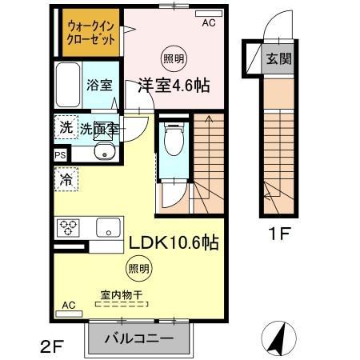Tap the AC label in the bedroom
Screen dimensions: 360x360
tap(208, 23)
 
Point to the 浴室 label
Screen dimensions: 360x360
tap(98, 86)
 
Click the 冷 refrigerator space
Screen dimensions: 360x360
tap(65, 179)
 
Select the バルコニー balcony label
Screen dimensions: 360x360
tap(141, 338)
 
